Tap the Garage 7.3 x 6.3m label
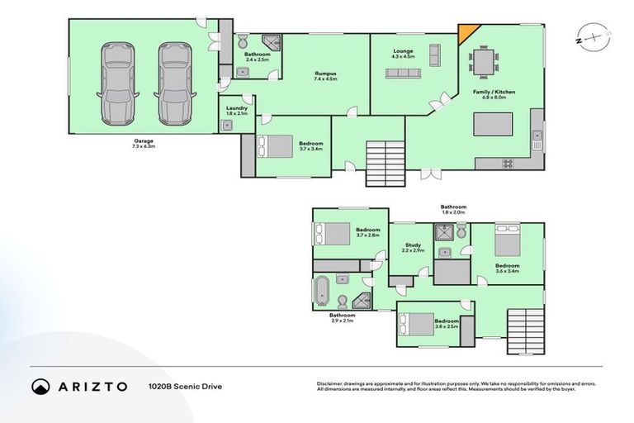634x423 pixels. [x=144, y=144]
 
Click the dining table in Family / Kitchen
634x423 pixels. [x=484, y=62]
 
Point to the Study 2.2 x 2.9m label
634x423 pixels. [x=414, y=247]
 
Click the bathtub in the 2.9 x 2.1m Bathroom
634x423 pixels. [x=320, y=291]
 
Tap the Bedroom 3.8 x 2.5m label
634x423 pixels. [x=447, y=323]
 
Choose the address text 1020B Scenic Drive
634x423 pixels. [x=186, y=387]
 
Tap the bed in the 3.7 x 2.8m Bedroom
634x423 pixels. [x=332, y=235]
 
